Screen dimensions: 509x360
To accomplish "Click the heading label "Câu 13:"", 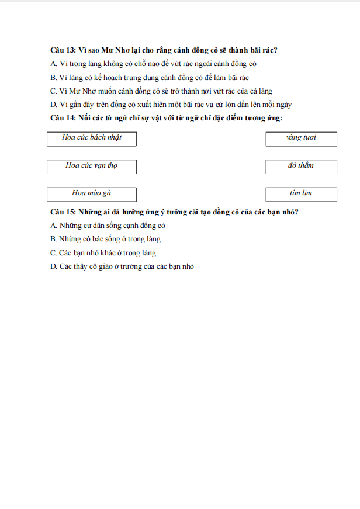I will click(63, 50).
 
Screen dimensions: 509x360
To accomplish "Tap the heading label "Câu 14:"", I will click(63, 119).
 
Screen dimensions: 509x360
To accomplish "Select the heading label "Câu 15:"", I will click(63, 212).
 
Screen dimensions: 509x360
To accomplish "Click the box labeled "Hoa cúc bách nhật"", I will click(92, 138).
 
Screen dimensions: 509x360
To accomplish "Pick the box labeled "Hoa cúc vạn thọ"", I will click(92, 167).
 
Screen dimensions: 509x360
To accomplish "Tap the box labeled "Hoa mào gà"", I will click(92, 194).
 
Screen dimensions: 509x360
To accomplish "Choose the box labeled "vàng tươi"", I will click(301, 138).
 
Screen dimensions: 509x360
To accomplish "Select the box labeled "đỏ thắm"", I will click(301, 167).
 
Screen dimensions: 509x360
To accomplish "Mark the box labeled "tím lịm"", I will click(301, 194).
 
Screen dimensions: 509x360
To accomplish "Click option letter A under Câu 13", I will click(54, 64).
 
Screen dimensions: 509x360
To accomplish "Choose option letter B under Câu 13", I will click(54, 77).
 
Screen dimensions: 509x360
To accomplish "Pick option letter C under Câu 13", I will click(54, 91).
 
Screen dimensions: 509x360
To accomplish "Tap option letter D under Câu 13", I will click(54, 105).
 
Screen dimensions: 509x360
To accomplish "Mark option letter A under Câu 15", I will click(54, 226).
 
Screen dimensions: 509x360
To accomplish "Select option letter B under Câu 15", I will click(54, 239).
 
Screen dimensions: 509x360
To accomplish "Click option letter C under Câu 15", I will click(54, 253).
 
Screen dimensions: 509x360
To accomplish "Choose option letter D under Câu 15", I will click(54, 266).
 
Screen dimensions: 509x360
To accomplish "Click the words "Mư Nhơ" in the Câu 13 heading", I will click(119, 50).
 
